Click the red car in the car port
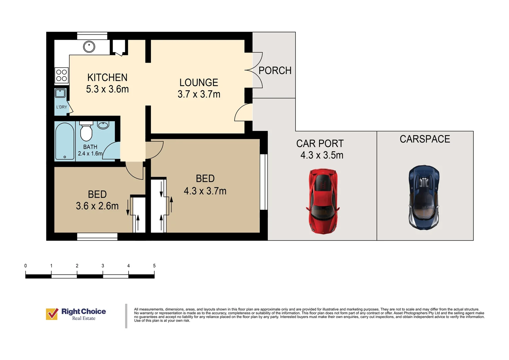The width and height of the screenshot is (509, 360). (x=323, y=201)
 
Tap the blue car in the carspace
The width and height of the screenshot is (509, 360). (x=424, y=197)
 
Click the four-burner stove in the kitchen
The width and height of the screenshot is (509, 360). (x=62, y=75)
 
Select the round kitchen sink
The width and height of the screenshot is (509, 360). (x=89, y=47)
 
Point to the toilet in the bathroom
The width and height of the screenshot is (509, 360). (x=86, y=131)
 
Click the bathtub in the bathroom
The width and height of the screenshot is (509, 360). (x=65, y=141)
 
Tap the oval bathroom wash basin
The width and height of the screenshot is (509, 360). (x=103, y=125)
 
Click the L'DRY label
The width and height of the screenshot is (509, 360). (x=62, y=107)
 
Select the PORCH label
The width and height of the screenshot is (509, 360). (x=275, y=70)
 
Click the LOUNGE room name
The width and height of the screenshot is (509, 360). (x=199, y=83)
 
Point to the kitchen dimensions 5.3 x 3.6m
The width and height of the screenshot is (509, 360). (x=107, y=89)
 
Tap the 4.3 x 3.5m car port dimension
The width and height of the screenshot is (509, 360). (x=322, y=155)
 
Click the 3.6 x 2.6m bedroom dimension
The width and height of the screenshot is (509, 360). (x=97, y=206)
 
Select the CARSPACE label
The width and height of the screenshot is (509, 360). (x=425, y=139)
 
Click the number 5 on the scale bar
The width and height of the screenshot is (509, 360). (x=154, y=266)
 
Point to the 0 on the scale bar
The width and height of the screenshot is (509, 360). (x=25, y=266)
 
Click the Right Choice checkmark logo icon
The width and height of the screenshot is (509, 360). (x=52, y=314)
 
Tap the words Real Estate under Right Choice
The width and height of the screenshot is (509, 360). (x=84, y=318)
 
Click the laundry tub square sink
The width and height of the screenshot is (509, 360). (x=60, y=93)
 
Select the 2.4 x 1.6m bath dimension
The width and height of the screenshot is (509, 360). (x=90, y=154)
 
